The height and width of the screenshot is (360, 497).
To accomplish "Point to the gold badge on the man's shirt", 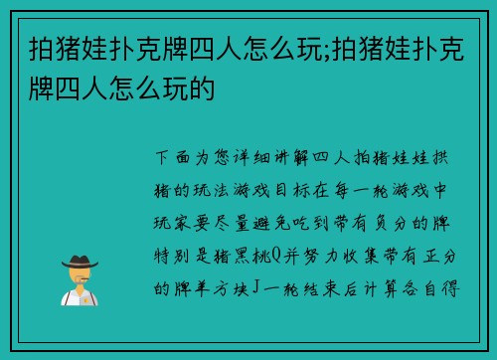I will pyautogui.click(x=87, y=297).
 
